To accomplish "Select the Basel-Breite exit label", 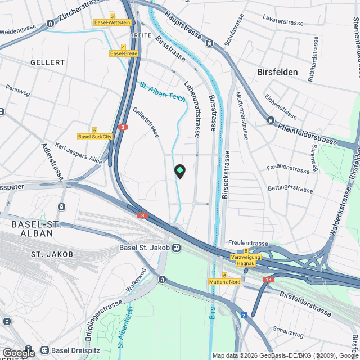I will click(124, 53).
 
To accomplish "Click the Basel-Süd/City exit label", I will click(95, 137).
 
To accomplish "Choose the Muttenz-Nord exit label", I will click(224, 281).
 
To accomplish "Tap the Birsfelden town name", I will click(280, 72).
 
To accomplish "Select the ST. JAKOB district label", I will click(52, 254).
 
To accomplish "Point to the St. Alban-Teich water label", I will click(162, 91).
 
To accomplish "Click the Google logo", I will click(18, 353).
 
